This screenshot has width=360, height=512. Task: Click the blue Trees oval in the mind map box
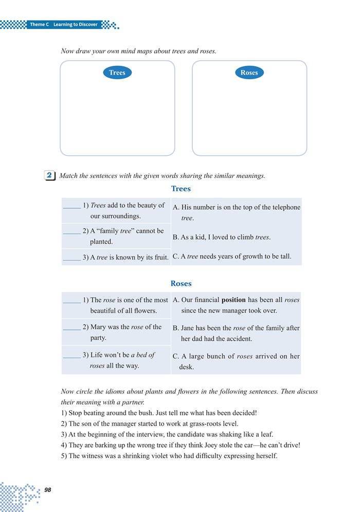click(x=117, y=72)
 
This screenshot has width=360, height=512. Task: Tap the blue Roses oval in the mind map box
click(x=249, y=72)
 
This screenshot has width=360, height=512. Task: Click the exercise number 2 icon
click(x=50, y=175)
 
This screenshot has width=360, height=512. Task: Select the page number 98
click(x=49, y=489)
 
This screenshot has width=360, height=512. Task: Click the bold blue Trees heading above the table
click(x=181, y=189)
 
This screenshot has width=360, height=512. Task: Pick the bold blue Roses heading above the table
click(x=181, y=283)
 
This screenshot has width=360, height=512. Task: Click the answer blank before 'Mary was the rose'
click(x=71, y=327)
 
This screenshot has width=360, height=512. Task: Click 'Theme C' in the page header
click(x=39, y=24)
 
